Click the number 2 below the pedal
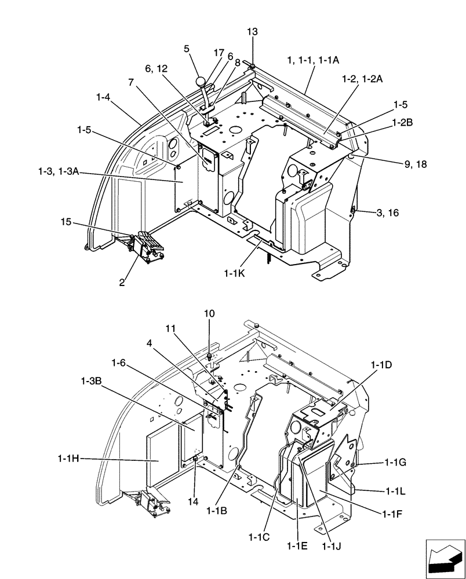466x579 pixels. (122, 283)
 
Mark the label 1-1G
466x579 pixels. (397, 463)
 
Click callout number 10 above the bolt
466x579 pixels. (209, 313)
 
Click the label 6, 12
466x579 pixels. (156, 69)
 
